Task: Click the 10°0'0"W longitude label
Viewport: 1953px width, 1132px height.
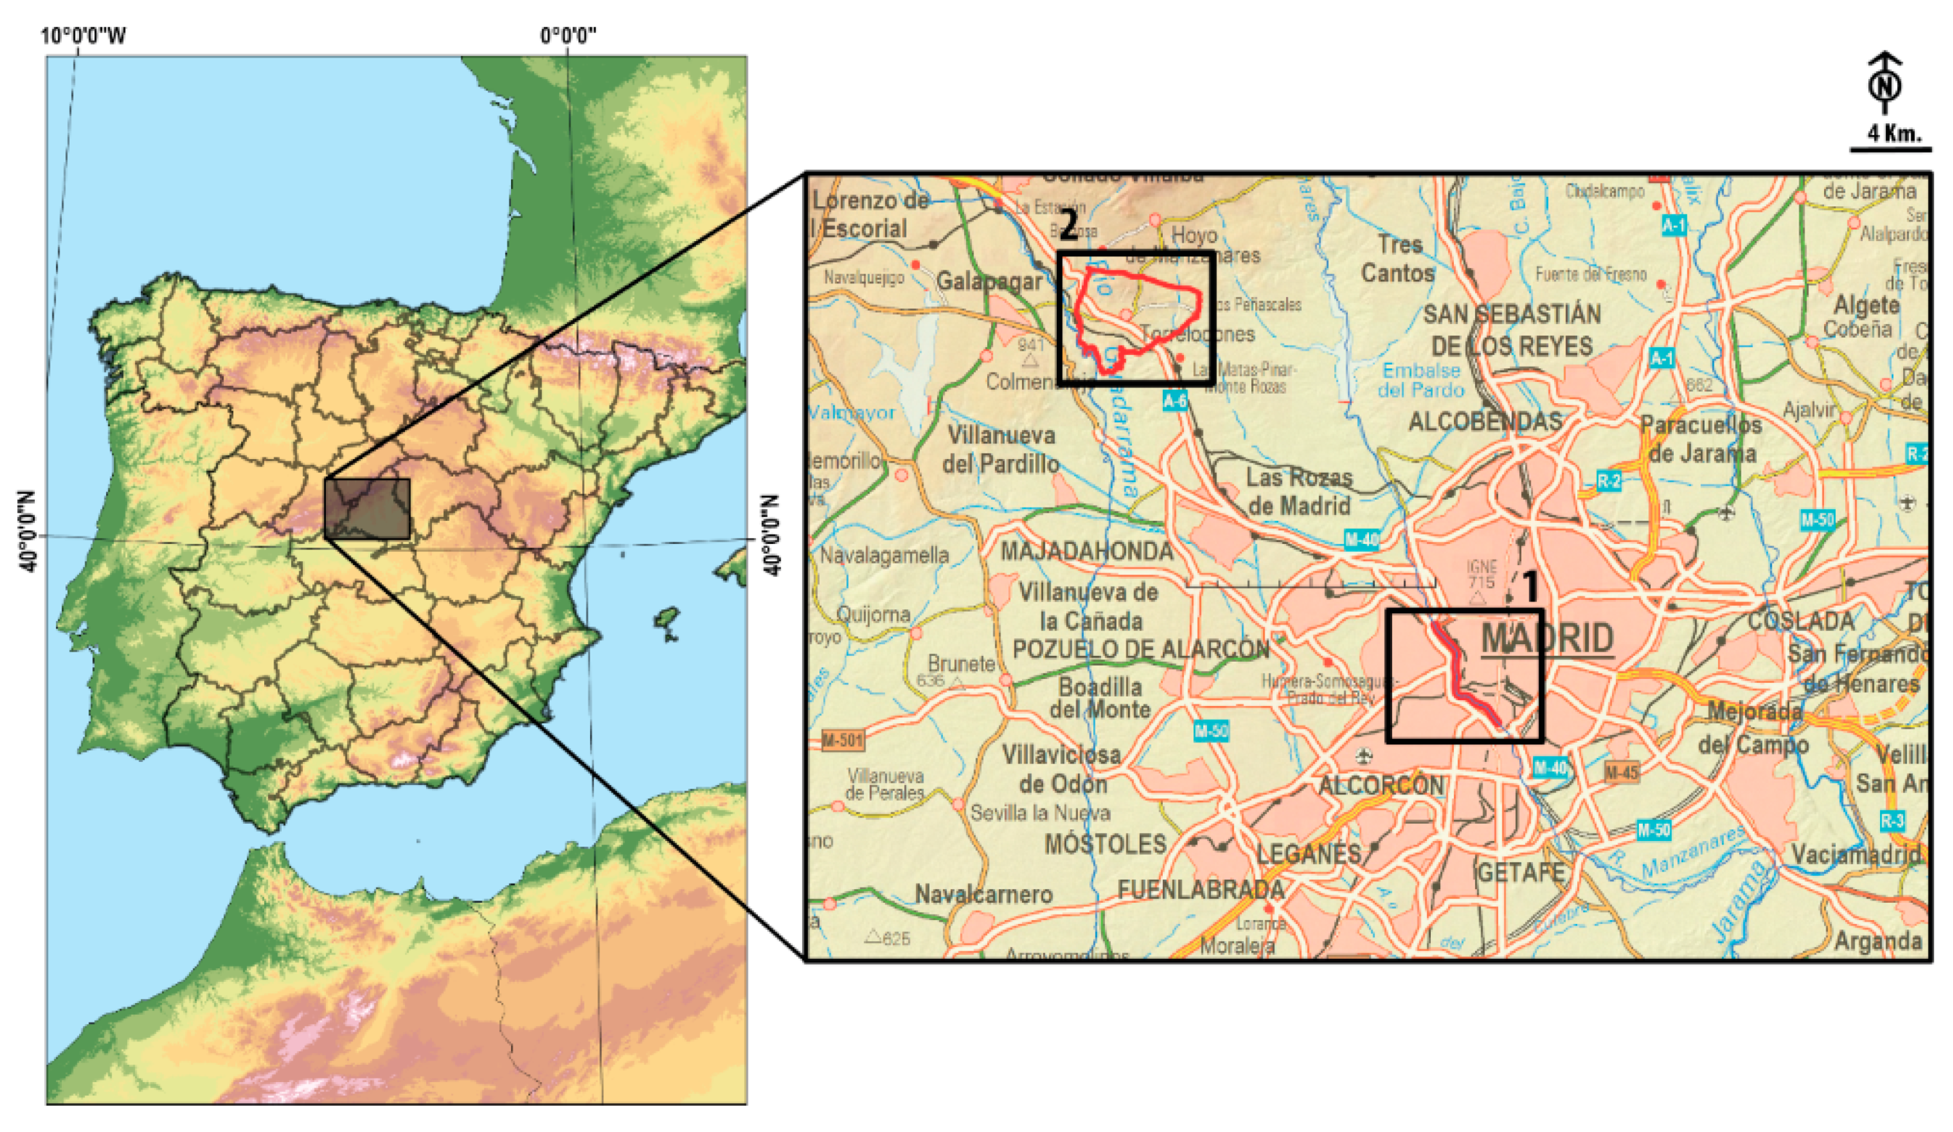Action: pos(83,36)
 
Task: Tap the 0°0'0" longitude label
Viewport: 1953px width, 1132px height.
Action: pos(568,36)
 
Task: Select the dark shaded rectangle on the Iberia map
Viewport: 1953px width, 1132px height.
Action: pos(366,508)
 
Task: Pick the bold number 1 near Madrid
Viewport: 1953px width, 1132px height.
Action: pos(1530,587)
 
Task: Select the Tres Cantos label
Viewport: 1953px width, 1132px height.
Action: pos(1399,259)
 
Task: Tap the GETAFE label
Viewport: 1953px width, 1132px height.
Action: pos(1521,872)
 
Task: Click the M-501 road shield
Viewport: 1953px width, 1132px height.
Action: pos(843,740)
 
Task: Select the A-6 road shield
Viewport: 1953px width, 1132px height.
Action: pos(1175,401)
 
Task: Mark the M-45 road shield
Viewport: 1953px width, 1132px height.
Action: pos(1622,773)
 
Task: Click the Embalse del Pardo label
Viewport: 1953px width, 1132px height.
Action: pos(1421,381)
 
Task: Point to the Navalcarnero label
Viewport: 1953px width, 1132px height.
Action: pos(983,894)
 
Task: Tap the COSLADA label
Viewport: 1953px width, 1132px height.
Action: pos(1800,621)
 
